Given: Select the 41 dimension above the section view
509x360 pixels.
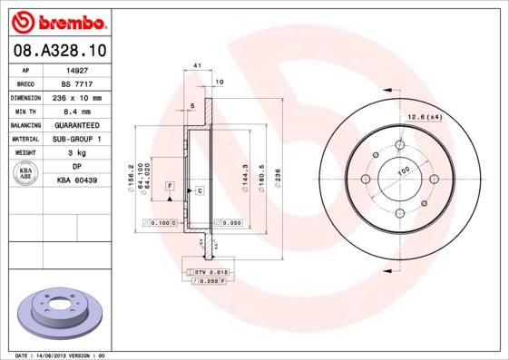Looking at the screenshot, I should [197, 66].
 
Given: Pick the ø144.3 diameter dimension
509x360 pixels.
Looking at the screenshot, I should [245, 172].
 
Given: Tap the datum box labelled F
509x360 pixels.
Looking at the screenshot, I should [170, 185].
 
